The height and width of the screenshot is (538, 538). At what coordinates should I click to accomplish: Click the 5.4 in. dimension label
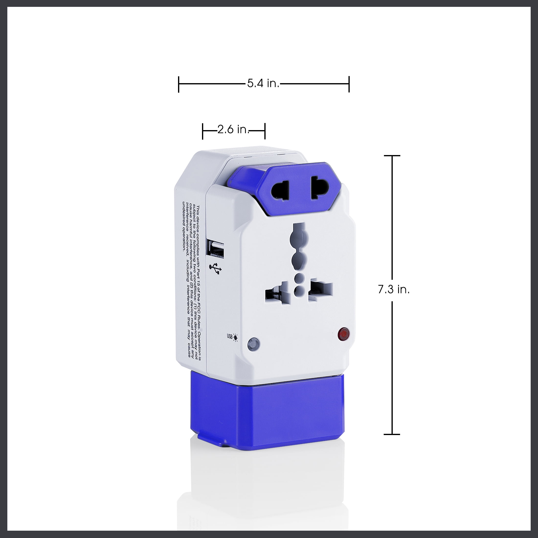coord(263,83)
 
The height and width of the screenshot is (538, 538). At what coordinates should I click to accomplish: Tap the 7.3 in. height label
coord(394,290)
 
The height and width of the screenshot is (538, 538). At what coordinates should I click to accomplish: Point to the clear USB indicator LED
coord(253,344)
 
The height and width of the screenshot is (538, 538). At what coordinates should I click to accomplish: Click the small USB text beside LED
coord(229,337)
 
